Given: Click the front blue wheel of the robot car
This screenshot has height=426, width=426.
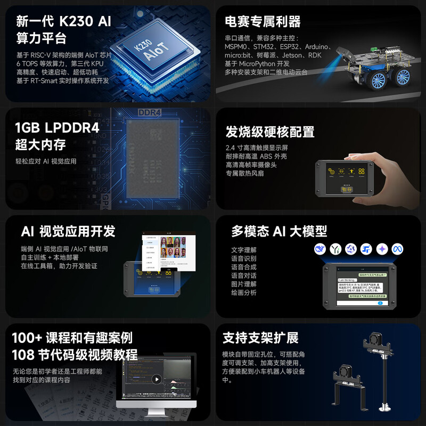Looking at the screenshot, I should (x=378, y=81).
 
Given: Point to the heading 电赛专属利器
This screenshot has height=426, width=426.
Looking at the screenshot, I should (x=263, y=22).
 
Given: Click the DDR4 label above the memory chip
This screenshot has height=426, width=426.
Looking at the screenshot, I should (x=150, y=113).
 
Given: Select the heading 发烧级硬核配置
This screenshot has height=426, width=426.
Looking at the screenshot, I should (x=270, y=132).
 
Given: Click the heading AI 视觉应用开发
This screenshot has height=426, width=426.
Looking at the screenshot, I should (x=68, y=231).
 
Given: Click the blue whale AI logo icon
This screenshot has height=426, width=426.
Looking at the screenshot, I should (x=319, y=249).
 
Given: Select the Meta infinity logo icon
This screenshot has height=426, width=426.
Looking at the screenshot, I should (x=396, y=249).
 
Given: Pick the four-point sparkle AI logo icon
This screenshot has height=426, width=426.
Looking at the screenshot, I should (x=381, y=249).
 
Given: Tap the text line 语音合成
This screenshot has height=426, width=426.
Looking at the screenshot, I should (x=244, y=267).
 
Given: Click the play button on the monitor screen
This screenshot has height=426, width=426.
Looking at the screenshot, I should (x=156, y=379).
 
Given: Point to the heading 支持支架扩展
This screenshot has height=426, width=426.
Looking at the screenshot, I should (x=260, y=338).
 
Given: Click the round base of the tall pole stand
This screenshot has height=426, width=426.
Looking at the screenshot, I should (x=384, y=409).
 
